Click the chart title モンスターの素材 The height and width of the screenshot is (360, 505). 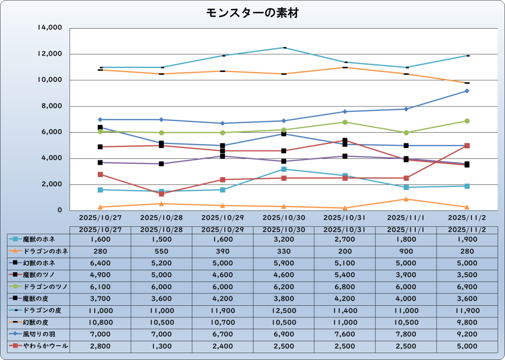pos(252,13)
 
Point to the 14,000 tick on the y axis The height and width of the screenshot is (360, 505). pos(50,28)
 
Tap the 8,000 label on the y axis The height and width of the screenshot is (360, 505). pos(52,106)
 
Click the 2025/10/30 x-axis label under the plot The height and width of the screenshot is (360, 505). pos(284,217)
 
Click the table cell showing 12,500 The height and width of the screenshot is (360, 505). pos(284,311)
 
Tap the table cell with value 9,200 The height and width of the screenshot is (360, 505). pos(467,334)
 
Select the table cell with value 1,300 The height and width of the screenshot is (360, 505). pos(161,346)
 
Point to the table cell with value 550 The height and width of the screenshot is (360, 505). pos(161,251)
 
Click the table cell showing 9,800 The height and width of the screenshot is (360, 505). pos(467,323)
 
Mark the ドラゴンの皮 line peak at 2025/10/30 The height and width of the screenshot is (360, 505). pos(284,48)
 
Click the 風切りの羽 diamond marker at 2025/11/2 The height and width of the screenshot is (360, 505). pos(467,91)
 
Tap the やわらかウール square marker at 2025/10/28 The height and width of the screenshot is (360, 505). pos(161,194)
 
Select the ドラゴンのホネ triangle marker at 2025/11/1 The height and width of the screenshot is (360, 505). pos(405,199)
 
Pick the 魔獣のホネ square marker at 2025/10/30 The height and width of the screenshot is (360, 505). pos(284,169)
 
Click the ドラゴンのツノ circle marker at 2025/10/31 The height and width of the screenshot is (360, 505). pos(345,122)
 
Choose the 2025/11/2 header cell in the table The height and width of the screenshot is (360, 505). pos(467,230)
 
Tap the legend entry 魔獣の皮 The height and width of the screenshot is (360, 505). pos(39,299)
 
